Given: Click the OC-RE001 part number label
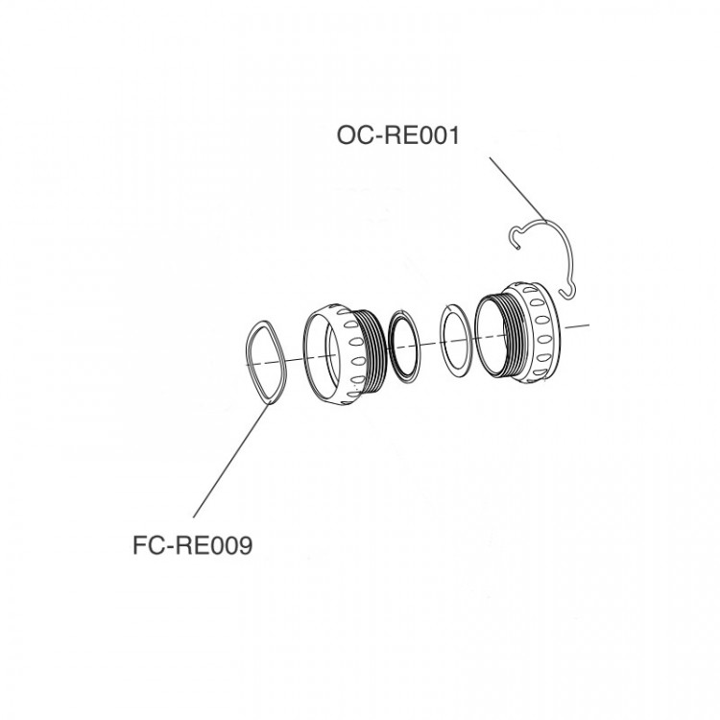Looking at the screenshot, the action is pyautogui.click(x=398, y=135).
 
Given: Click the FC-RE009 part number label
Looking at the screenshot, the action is pyautogui.click(x=192, y=546).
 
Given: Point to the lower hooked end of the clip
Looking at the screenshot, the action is pyautogui.click(x=567, y=293).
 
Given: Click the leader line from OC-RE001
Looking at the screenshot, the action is pyautogui.click(x=518, y=190).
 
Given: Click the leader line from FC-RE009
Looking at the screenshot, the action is pyautogui.click(x=231, y=460).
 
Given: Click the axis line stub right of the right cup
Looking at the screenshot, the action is pyautogui.click(x=577, y=326).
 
